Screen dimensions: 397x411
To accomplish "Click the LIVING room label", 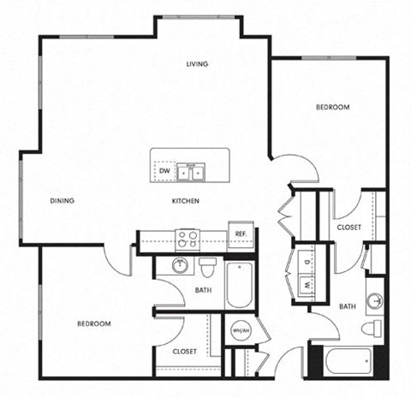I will point(199,64).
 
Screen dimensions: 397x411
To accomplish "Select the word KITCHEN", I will point(186,201).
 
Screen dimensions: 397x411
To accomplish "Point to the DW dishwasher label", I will point(164,171).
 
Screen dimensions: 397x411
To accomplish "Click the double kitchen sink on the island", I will point(196,172).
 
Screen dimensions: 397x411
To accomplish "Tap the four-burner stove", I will point(187,239).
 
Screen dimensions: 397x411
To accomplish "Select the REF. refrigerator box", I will point(241,234).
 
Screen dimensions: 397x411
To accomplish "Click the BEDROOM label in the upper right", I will point(332,108).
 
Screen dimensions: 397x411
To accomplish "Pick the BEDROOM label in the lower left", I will point(94,323).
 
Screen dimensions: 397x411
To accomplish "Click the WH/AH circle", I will point(240,331).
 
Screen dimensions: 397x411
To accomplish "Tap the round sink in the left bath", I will point(181,265).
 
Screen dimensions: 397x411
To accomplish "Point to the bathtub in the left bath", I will point(239,288).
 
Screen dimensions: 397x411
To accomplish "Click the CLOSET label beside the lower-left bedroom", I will point(185,351).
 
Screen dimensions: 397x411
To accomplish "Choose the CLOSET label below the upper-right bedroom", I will point(348,227).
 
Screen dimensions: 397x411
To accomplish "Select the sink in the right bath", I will point(375,301).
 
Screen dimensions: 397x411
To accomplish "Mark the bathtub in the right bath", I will point(348,364).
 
